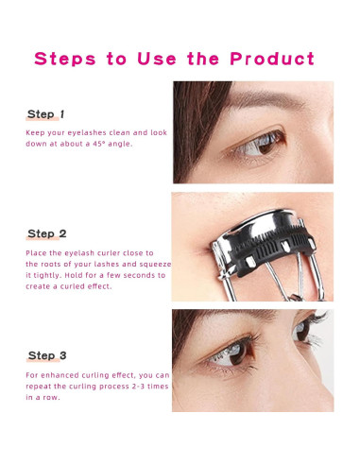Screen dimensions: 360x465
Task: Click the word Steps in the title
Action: click(65, 59)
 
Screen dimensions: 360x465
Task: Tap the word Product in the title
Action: click(272, 59)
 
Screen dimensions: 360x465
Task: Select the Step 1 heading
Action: click(45, 114)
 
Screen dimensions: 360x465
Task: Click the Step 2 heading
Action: click(47, 233)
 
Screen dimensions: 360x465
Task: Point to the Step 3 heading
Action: click(47, 355)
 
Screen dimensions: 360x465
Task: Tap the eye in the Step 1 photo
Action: click(258, 144)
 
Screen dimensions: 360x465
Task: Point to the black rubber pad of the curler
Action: click(271, 252)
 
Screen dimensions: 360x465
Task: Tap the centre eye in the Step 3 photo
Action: click(231, 353)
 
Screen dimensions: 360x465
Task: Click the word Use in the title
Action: click(157, 59)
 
